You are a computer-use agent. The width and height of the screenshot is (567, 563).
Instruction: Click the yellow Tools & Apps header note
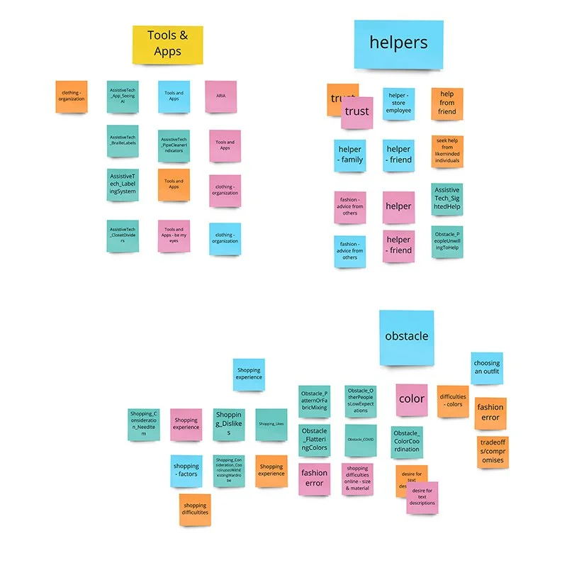167,45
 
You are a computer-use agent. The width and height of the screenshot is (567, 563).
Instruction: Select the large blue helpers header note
398,44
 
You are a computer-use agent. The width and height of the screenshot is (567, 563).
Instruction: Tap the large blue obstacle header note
406,336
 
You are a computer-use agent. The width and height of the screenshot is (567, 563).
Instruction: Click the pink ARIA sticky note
220,96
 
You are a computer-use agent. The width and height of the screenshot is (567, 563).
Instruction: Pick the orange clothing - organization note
71,96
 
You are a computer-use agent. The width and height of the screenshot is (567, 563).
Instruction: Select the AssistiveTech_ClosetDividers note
123,235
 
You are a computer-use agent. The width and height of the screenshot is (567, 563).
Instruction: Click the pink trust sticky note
357,112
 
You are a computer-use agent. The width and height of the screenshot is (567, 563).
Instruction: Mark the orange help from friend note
447,104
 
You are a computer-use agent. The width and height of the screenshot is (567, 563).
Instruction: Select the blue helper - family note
350,155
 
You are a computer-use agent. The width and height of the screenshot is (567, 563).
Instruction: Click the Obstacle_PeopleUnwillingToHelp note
447,241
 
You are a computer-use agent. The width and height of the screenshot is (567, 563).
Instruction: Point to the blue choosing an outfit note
486,368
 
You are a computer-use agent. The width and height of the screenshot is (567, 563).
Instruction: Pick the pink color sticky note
411,398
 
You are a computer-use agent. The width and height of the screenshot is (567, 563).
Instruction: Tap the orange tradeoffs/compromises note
493,451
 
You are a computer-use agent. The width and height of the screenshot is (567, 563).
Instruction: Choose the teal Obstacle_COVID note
361,440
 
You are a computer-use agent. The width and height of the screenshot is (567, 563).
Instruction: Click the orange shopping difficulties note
195,510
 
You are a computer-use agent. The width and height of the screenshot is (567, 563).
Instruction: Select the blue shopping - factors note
186,471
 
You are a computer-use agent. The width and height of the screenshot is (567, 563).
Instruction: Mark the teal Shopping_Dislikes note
229,424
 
